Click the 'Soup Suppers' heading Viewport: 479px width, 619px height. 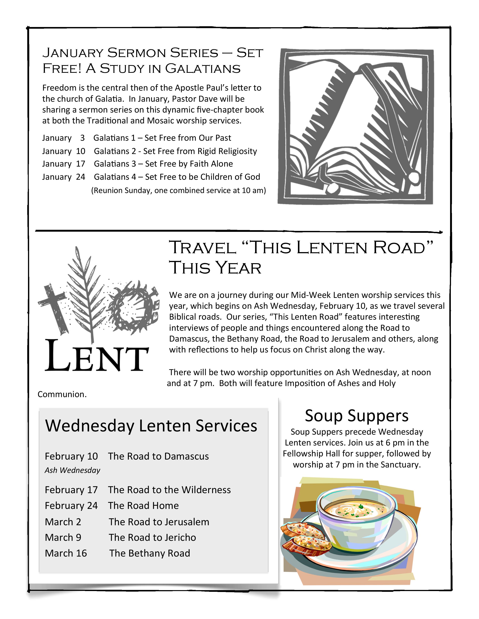(356, 416)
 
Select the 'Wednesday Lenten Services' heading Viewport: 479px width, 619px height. (151, 426)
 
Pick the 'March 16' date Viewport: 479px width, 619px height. (66, 553)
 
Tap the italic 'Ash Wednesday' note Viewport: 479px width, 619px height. (72, 470)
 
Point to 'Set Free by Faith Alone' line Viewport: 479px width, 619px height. (189, 164)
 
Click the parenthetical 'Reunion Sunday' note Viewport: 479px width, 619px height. (178, 190)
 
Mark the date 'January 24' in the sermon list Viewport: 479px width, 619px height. (63, 177)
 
